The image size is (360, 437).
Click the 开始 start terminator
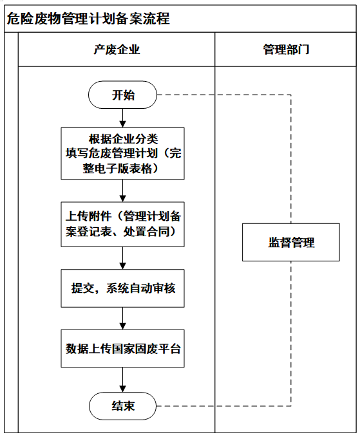coord(123,95)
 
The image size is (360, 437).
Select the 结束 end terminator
coord(123,405)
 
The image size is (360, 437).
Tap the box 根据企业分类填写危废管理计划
coord(123,153)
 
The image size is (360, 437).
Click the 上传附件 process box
coord(123,225)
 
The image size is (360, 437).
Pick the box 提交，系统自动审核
coord(123,288)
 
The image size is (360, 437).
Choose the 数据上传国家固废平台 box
coord(123,348)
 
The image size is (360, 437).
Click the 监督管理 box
coord(291,242)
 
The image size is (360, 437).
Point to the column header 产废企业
coord(117,50)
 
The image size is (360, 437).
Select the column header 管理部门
coord(286,50)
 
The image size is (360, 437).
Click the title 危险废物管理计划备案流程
coord(88,19)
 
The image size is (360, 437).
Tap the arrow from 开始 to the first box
coord(123,118)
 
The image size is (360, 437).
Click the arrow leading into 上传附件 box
coord(123,191)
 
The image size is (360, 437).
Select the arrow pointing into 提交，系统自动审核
coord(123,258)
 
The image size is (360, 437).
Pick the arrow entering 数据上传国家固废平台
coord(123,319)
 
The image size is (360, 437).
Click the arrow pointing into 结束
coord(123,380)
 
